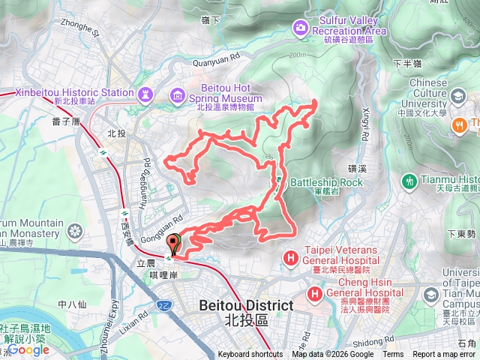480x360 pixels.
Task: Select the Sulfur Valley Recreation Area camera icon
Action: (301, 27)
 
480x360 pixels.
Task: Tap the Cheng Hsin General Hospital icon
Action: (314, 292)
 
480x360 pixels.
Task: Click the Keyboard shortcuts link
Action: (250, 355)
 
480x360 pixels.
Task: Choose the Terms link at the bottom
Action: (393, 355)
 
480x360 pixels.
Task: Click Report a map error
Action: (445, 355)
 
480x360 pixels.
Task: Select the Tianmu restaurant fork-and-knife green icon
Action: (409, 180)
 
